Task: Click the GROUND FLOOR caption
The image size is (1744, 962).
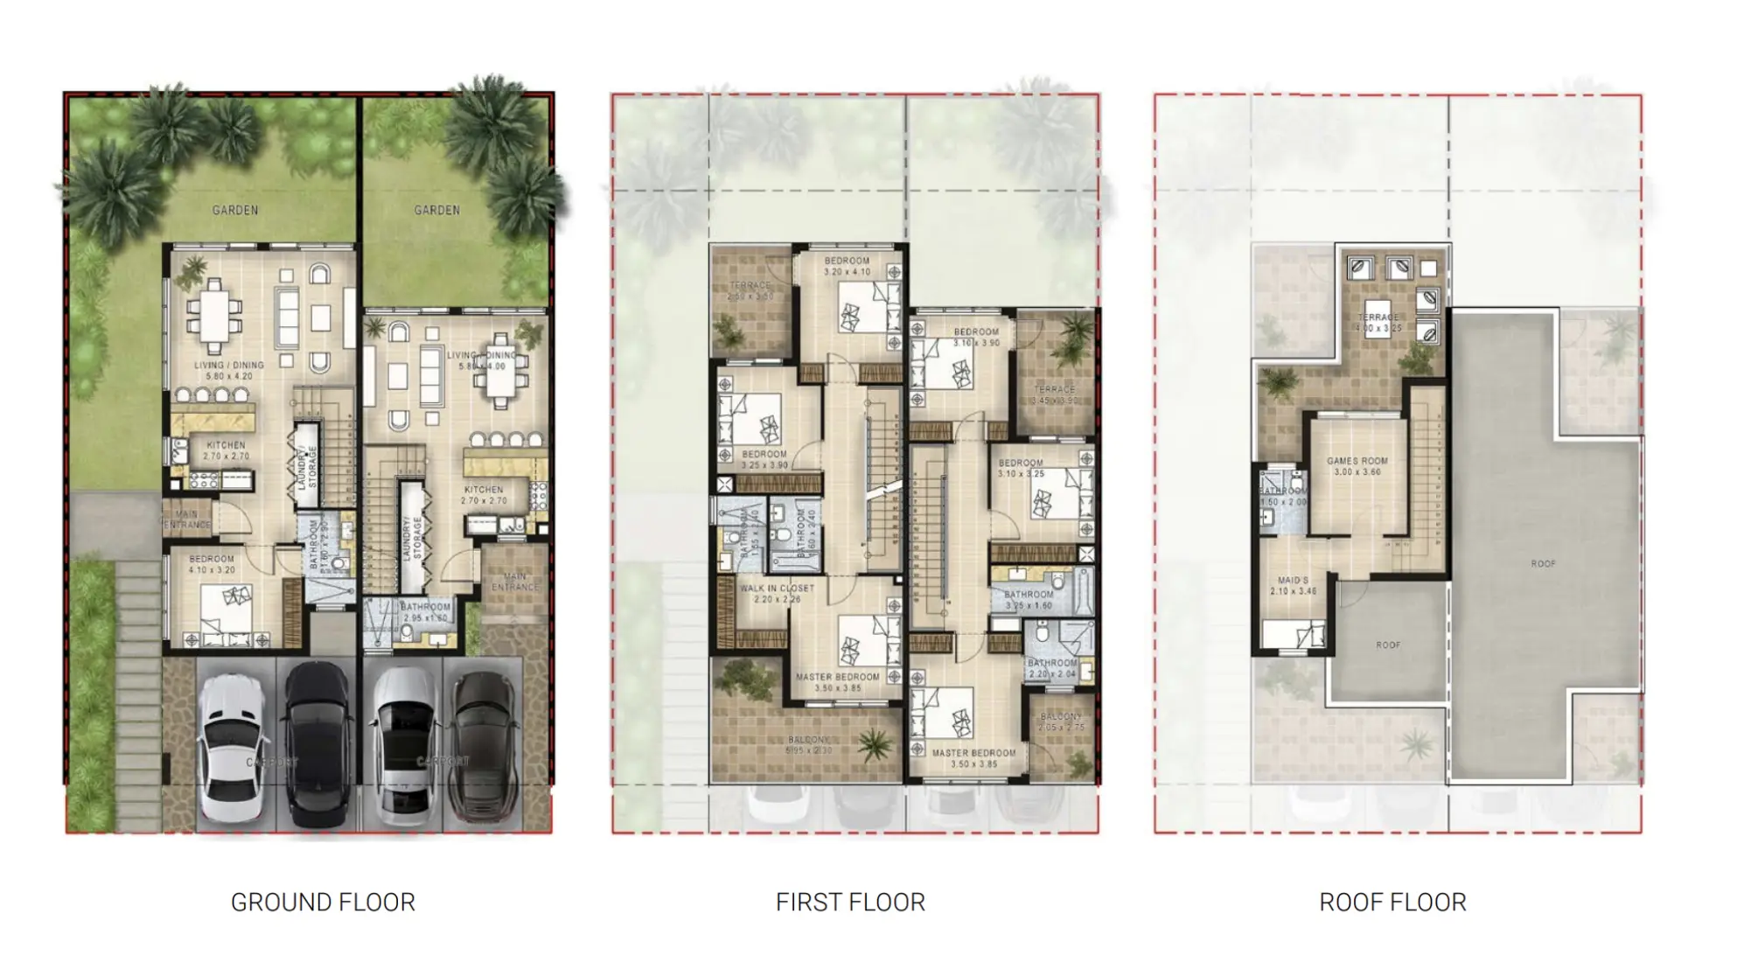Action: pos(323,902)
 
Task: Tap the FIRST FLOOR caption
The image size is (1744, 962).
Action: pos(850,902)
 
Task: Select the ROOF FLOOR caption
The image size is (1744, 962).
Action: pos(1392,902)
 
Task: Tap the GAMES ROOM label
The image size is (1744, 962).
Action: pos(1357,461)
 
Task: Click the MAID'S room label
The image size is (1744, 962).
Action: pos(1293,581)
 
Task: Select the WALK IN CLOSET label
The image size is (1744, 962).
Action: pos(777,589)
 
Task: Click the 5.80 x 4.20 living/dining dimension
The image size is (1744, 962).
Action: pos(228,376)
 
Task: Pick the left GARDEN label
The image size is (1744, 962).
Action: pos(235,210)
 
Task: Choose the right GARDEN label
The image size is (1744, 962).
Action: pos(436,210)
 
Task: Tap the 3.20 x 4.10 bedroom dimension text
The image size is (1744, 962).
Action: pos(847,272)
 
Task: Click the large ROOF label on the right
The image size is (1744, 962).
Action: pos(1543,564)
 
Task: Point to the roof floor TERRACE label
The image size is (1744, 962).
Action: pos(1378,317)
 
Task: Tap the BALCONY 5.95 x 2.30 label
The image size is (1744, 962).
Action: pos(809,740)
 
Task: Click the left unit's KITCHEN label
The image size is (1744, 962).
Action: pos(226,445)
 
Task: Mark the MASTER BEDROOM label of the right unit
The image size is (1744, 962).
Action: pos(973,752)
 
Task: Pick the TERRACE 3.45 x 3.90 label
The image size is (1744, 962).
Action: pos(1055,389)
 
